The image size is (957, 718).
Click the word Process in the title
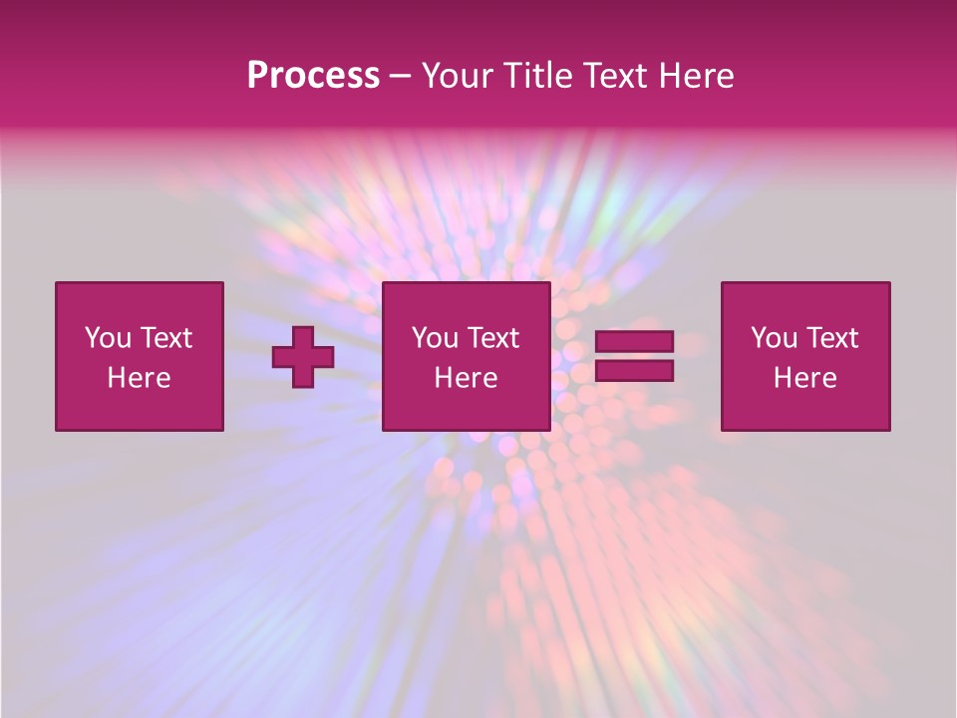[313, 76]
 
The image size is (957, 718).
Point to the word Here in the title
[697, 76]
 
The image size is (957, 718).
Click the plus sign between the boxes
[303, 356]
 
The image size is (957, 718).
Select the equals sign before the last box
[634, 356]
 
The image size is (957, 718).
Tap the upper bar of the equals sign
[634, 342]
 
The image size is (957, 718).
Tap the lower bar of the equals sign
[634, 371]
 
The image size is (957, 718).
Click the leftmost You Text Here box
[140, 356]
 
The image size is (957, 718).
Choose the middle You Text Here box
[466, 356]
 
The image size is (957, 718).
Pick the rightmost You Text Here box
[805, 356]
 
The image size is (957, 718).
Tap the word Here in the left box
[139, 378]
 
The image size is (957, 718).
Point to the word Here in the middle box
[466, 378]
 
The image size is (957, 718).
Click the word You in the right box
[774, 338]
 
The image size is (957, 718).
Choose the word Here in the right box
[804, 378]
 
